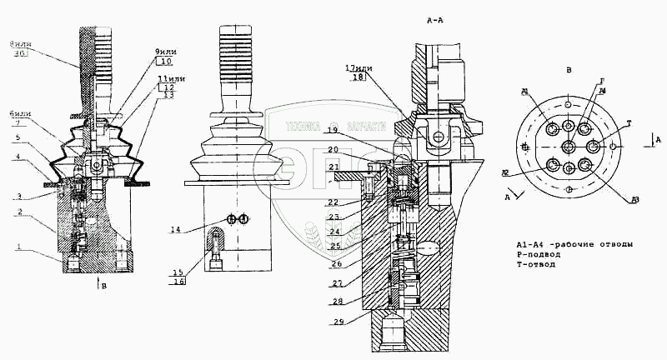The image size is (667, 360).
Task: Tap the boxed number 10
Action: point(163,61)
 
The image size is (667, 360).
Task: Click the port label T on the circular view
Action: point(629,123)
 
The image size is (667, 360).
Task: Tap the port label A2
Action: point(505,173)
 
